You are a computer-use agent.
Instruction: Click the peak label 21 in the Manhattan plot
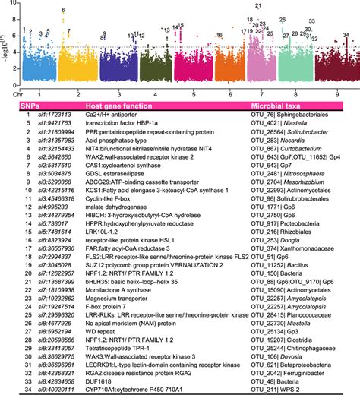point(260,5)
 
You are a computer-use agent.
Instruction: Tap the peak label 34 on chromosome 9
point(346,35)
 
